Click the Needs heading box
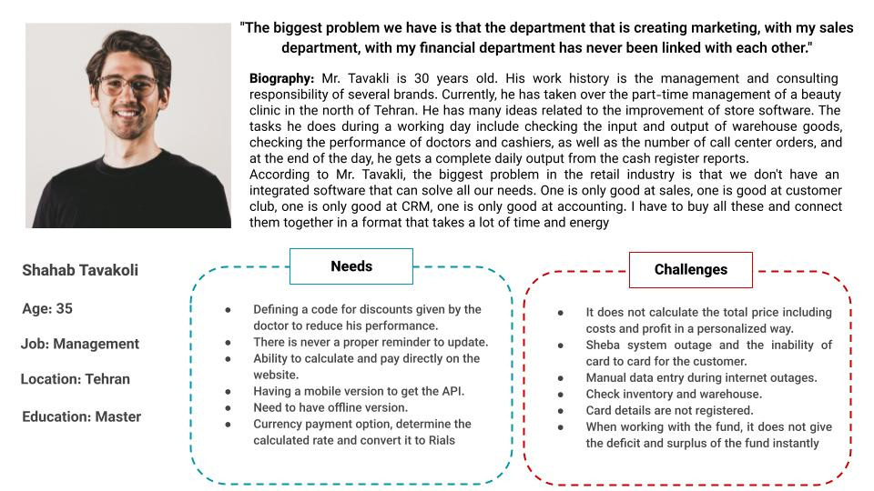click(351, 266)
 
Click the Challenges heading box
click(690, 269)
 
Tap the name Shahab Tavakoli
click(80, 270)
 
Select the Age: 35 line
click(47, 308)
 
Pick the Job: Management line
click(80, 344)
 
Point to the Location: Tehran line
click(76, 379)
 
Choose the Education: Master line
click(82, 416)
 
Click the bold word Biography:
click(282, 79)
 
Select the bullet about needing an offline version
click(330, 407)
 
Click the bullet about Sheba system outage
click(708, 353)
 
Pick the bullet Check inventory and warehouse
click(674, 394)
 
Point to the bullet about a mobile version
click(359, 391)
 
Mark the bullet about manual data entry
click(701, 377)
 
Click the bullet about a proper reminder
click(371, 342)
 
